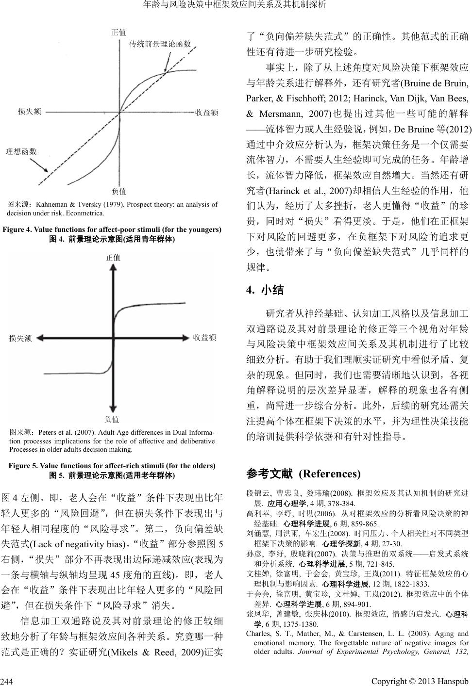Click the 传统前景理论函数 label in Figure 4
point(160,44)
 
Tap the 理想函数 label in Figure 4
point(21,151)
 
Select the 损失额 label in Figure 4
point(30,112)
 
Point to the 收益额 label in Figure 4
point(206,113)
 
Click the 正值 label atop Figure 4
point(118,32)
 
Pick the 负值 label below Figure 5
point(112,419)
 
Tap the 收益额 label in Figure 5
point(204,337)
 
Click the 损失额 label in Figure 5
point(20,338)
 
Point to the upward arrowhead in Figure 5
point(113,268)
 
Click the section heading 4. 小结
point(265,291)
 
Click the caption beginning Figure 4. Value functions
point(112,229)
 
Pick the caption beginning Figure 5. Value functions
point(112,466)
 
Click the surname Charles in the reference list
point(258,634)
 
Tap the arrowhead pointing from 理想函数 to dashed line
point(46,170)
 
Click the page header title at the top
point(236,5)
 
